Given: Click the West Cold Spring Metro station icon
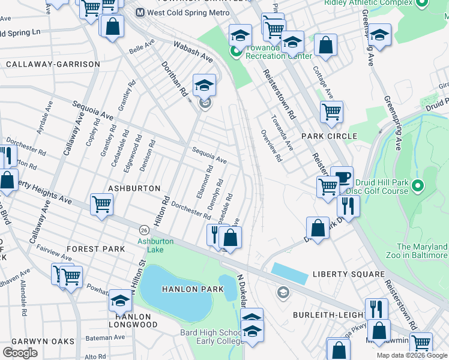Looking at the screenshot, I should (x=140, y=12).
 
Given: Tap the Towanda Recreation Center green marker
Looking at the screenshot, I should (x=236, y=52).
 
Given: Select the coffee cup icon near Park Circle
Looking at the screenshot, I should (x=342, y=177).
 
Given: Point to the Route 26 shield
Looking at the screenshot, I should (x=144, y=230).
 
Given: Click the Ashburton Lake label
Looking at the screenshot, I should (x=155, y=245).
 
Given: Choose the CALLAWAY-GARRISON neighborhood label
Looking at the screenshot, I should (x=53, y=64).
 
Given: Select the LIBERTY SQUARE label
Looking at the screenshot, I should (x=348, y=274).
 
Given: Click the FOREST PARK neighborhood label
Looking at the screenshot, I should (x=96, y=248).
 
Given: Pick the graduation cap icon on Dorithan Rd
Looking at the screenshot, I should (x=204, y=86).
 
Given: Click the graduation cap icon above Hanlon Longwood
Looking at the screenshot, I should (x=121, y=300).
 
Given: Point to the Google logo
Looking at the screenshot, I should (x=20, y=353).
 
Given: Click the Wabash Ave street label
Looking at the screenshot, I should (x=193, y=52).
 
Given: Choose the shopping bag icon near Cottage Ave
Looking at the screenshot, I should (x=325, y=45).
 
